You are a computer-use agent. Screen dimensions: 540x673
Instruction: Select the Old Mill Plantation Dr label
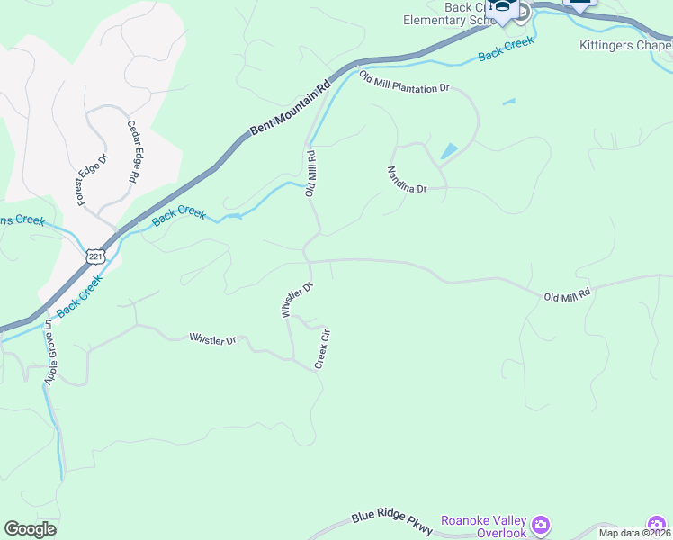[x=404, y=83]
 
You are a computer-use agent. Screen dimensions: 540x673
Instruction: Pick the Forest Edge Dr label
[x=92, y=179]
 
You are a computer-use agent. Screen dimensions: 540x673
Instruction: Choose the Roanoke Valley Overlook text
[x=483, y=526]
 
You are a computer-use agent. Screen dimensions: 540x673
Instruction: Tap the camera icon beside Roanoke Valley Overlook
[x=540, y=524]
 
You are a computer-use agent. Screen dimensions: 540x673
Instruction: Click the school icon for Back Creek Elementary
[x=501, y=10]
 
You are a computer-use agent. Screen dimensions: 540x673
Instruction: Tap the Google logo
[x=30, y=529]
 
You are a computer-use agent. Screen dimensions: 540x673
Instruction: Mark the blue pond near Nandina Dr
[x=449, y=150]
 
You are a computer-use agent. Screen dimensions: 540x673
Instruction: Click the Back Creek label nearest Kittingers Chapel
[x=506, y=49]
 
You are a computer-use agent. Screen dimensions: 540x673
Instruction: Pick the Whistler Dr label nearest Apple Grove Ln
[x=211, y=339]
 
